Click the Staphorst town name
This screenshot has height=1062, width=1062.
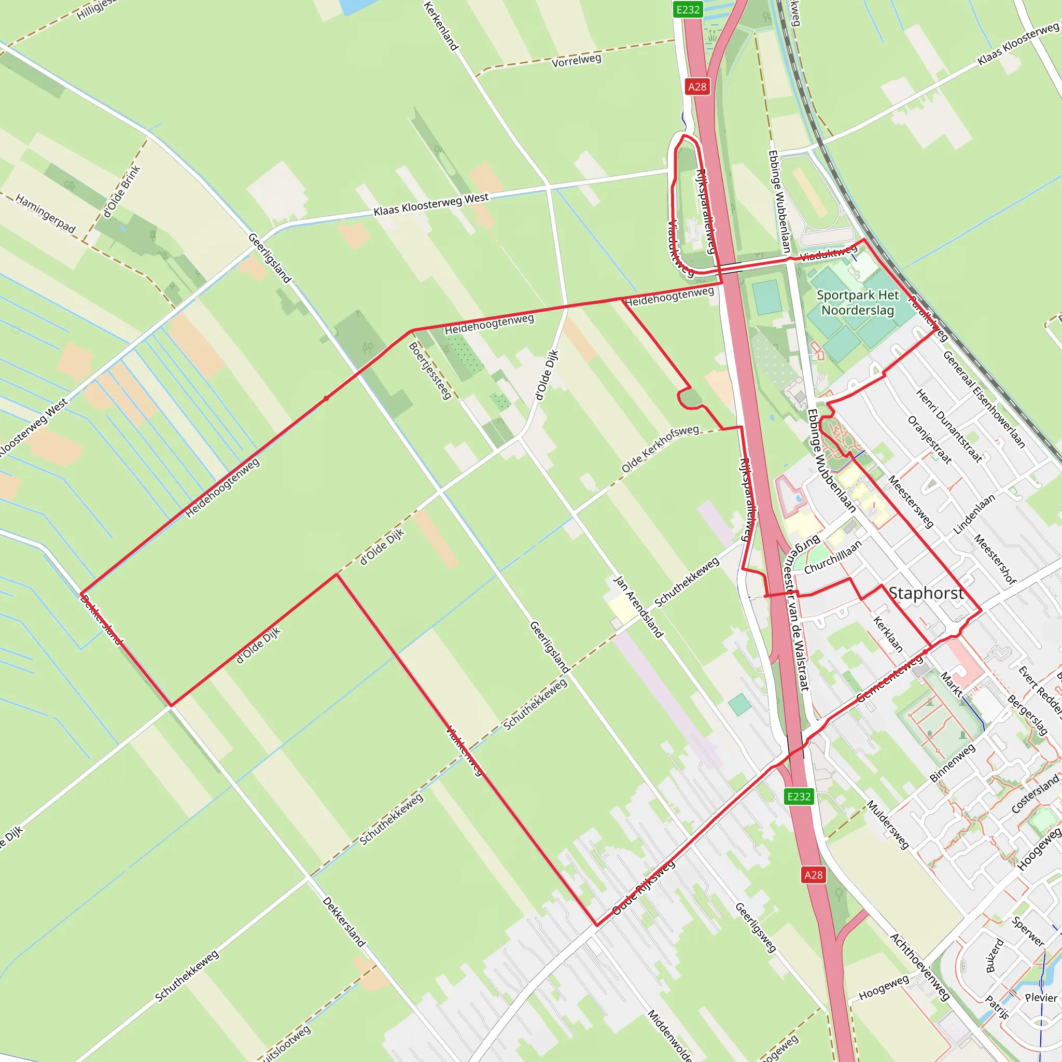click(x=926, y=593)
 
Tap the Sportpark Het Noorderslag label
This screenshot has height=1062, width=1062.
click(x=858, y=303)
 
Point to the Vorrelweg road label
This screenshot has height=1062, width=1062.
click(x=576, y=61)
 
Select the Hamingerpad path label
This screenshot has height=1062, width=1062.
click(x=45, y=213)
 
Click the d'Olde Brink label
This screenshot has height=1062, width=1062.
click(x=122, y=191)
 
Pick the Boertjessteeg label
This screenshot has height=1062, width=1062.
click(x=430, y=370)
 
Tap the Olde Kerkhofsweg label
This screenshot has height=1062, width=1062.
click(x=660, y=449)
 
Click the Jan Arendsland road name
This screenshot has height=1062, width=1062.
click(x=638, y=607)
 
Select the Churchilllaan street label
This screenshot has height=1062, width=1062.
click(x=832, y=557)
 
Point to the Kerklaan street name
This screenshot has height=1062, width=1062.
click(x=888, y=635)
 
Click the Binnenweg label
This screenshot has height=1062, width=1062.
click(x=952, y=762)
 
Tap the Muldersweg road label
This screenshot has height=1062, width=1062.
click(x=888, y=825)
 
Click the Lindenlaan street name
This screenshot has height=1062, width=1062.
click(x=973, y=514)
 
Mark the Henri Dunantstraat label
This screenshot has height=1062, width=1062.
click(x=949, y=425)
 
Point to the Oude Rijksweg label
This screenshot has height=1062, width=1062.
click(x=643, y=888)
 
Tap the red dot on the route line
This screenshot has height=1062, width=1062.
click(x=327, y=398)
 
